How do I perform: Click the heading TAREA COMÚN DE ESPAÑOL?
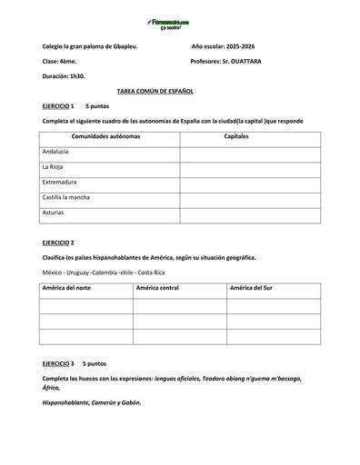155,92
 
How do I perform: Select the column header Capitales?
236,136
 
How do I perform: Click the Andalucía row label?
55,152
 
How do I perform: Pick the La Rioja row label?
53,167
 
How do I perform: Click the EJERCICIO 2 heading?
59,243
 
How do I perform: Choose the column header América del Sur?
251,287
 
